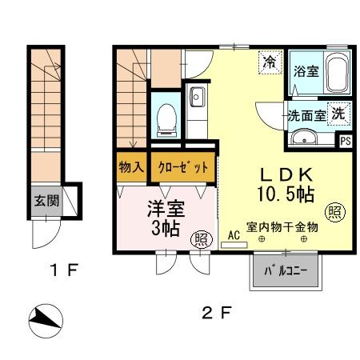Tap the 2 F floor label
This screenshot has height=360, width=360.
tap(214, 313)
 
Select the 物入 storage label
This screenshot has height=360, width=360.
tap(130, 168)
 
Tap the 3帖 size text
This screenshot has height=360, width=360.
tap(166, 230)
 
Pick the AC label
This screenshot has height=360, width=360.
tap(234, 235)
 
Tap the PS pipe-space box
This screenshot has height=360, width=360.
tap(346, 142)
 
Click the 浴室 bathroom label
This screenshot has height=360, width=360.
tap(306, 71)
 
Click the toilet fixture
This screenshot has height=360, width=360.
tap(166, 118)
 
